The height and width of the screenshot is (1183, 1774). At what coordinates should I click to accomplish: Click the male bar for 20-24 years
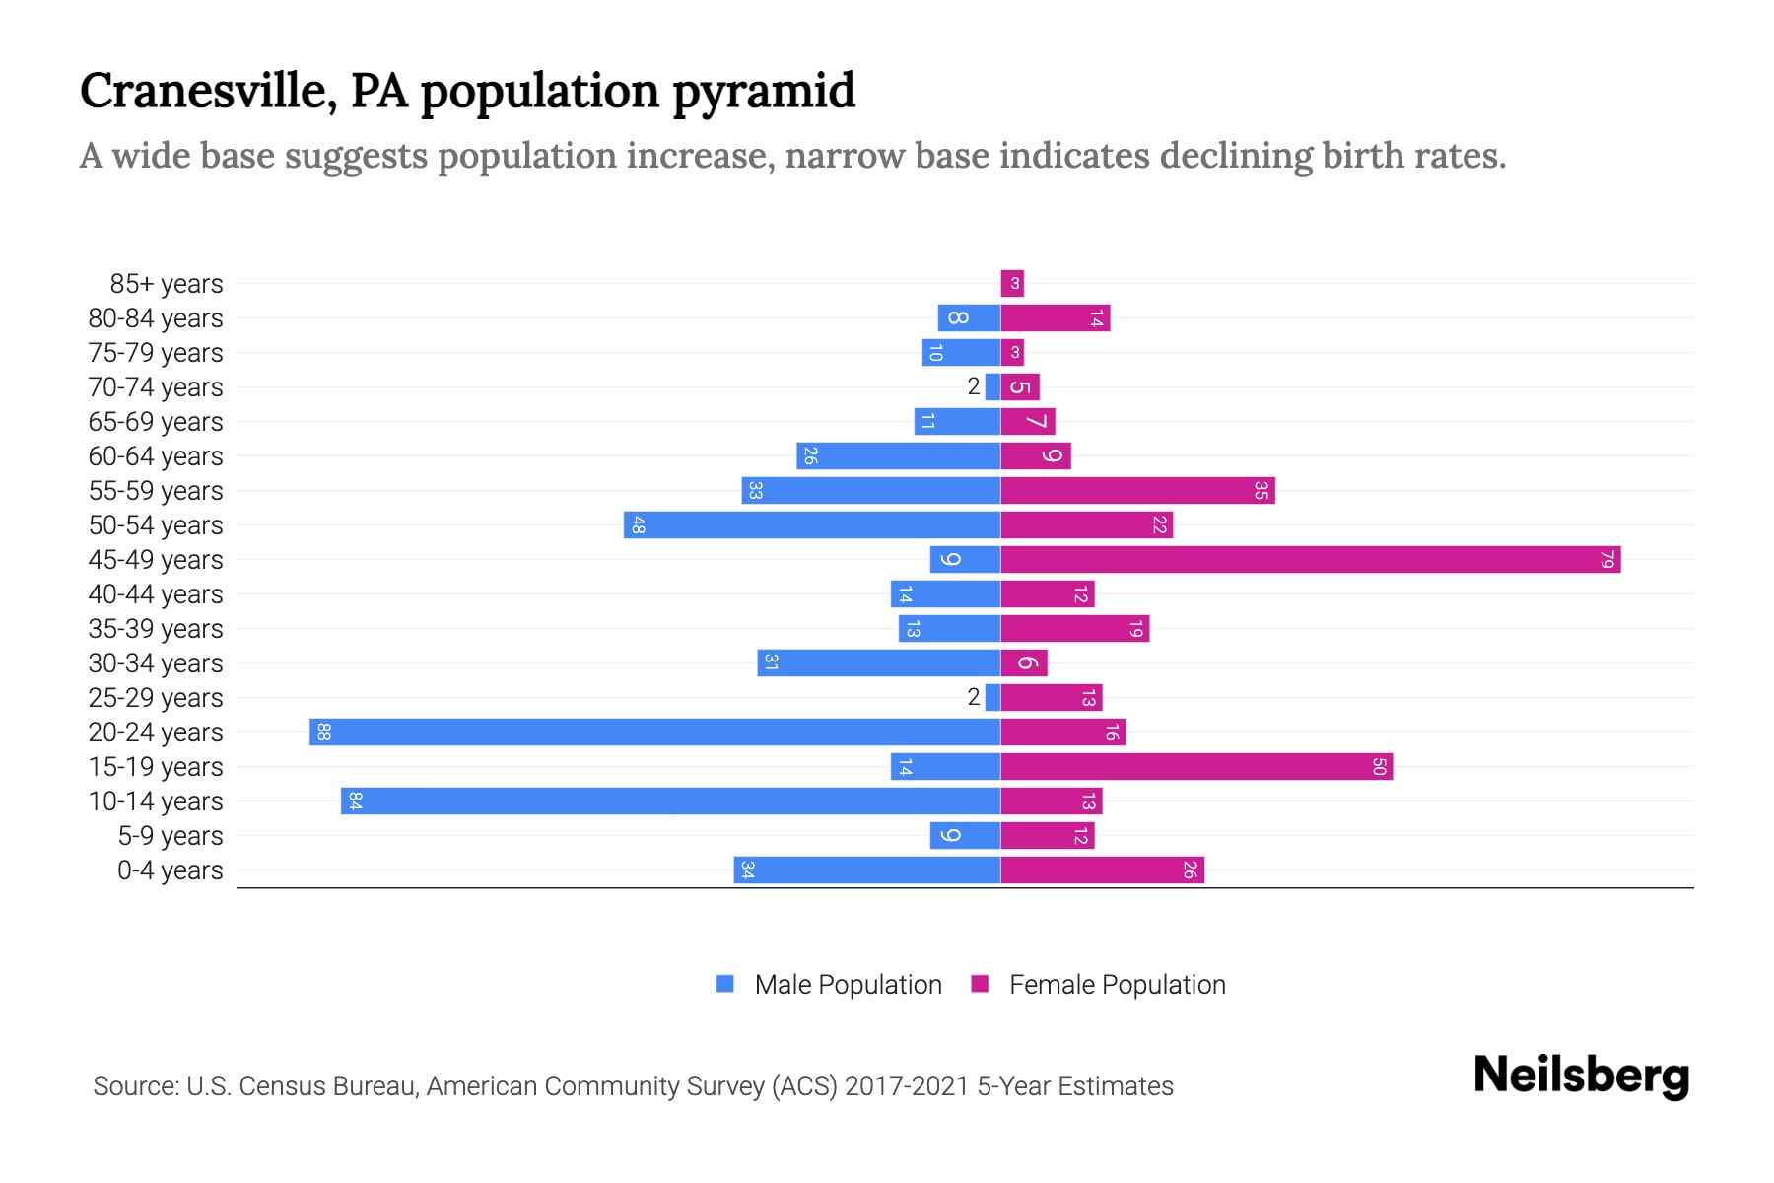coord(654,732)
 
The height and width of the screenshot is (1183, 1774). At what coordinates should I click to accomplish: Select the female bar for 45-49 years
coord(1310,560)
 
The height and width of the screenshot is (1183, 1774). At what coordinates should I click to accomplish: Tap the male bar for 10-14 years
coord(670,801)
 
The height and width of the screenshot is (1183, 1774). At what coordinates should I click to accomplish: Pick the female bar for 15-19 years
coord(1196,767)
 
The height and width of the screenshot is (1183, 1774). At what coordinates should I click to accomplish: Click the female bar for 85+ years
coord(1012,284)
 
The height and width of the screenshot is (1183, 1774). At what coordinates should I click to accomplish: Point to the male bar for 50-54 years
coord(811,525)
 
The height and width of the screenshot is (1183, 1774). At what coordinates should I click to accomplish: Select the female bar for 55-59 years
coord(1137,491)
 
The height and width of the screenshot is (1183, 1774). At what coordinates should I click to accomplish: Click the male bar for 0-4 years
coord(866,870)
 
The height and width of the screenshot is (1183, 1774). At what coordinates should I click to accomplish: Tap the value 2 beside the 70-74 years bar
coord(974,387)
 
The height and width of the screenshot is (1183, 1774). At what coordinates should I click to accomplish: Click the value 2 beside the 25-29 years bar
coord(974,698)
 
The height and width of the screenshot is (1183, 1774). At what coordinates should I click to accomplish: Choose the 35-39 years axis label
coord(156,629)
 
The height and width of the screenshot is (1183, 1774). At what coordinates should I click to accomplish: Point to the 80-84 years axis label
coord(156,318)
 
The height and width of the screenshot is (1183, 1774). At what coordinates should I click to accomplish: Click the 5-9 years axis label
coord(170,836)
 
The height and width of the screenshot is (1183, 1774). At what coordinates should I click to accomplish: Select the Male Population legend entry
coord(847,985)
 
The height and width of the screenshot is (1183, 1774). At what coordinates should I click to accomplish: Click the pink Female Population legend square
coord(980,984)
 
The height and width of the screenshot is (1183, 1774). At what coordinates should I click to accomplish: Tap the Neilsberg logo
coord(1581,1076)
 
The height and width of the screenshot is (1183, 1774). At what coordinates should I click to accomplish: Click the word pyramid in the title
coord(764,91)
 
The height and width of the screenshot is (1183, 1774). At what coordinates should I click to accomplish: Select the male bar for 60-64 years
coord(898,456)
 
